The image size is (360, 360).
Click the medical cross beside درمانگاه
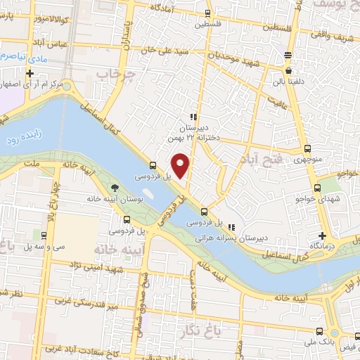(x=322, y=235)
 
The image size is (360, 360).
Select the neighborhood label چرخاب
(x=113, y=75)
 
